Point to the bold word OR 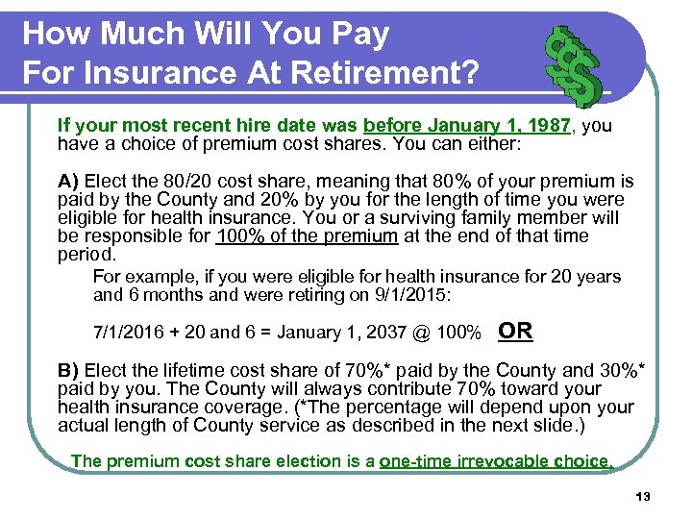[x=516, y=332]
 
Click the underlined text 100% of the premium [x=308, y=236]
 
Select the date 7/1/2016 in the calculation [x=129, y=333]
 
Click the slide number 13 [x=643, y=496]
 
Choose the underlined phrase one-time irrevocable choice [x=496, y=461]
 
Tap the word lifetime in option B [x=215, y=370]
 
